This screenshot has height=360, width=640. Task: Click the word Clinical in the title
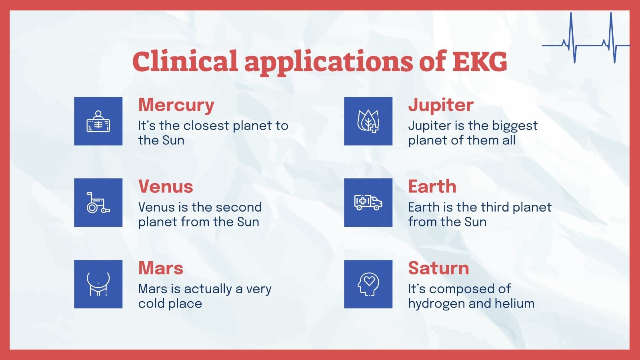(185, 61)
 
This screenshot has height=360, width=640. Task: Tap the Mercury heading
(176, 105)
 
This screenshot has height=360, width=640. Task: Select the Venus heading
(166, 187)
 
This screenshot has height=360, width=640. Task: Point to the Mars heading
(160, 268)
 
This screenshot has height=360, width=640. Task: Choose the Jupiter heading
(440, 105)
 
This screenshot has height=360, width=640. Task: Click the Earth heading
(432, 187)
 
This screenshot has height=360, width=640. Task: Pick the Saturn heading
(438, 268)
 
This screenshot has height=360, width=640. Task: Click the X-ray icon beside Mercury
(98, 121)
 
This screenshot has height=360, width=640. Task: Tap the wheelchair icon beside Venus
(98, 203)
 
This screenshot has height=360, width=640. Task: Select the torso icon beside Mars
(98, 284)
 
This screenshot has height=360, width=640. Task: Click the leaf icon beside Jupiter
(368, 121)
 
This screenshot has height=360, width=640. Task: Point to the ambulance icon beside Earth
(368, 203)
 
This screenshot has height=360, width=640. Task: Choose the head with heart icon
(368, 284)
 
